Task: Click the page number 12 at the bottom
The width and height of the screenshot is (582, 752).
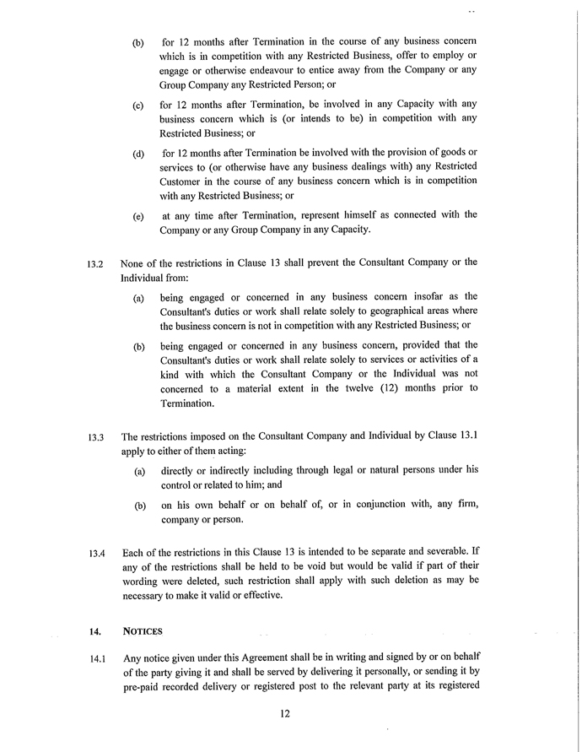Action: [285, 714]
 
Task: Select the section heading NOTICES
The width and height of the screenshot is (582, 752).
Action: [143, 630]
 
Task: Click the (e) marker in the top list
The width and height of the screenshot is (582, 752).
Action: [137, 216]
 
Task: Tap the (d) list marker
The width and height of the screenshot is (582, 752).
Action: [137, 154]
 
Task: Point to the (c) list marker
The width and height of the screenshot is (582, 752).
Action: [137, 105]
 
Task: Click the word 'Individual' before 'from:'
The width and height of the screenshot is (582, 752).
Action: [145, 277]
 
